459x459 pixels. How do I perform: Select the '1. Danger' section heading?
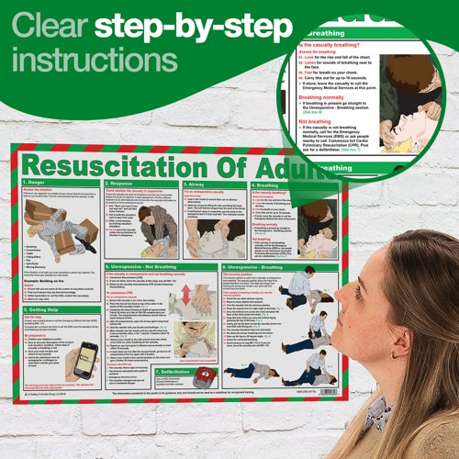point(45,185)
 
